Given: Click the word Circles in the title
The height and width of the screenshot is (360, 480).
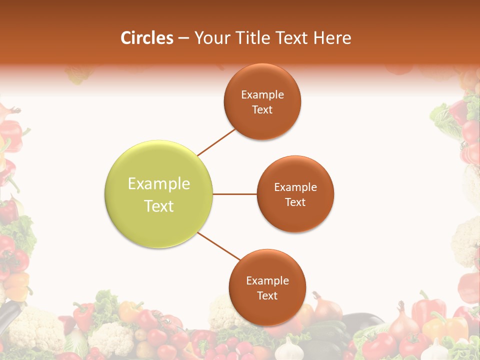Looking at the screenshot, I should pyautogui.click(x=146, y=38).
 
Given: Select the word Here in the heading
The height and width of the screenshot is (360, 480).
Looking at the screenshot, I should pyautogui.click(x=333, y=38).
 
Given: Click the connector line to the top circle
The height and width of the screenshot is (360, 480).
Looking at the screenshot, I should pyautogui.click(x=216, y=142).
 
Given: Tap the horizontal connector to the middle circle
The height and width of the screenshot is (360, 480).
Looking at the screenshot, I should pyautogui.click(x=235, y=194).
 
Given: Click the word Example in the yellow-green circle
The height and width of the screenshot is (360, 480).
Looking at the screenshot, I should pyautogui.click(x=159, y=184).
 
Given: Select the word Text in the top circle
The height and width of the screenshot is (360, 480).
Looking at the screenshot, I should pyautogui.click(x=262, y=110).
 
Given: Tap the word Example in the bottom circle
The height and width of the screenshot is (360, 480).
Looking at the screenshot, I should pyautogui.click(x=267, y=281).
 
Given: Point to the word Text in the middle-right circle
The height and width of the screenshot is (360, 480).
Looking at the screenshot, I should pyautogui.click(x=295, y=202).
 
